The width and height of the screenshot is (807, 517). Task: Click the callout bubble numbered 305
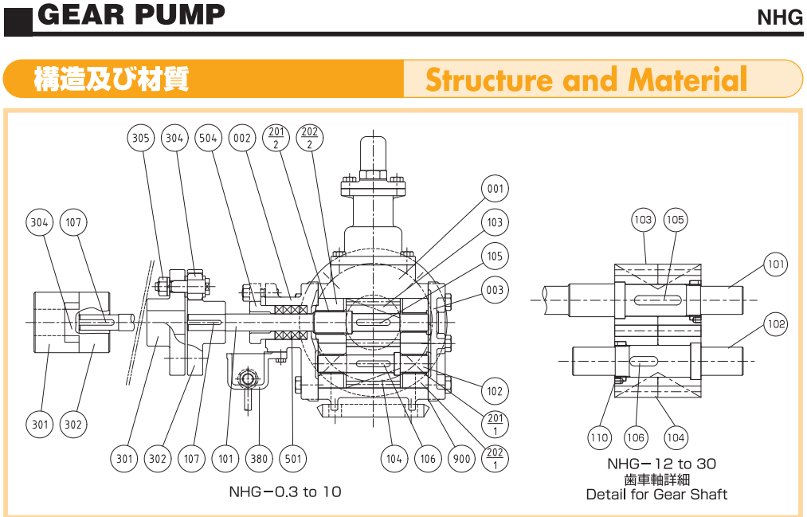click(140, 139)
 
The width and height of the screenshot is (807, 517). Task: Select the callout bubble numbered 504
click(208, 139)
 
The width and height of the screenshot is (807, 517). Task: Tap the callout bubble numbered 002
click(241, 139)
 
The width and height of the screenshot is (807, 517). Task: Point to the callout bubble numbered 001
click(495, 190)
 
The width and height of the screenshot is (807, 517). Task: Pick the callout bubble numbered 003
click(495, 290)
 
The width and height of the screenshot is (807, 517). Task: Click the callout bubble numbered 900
click(461, 459)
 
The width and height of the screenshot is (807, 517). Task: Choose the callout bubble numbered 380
click(258, 459)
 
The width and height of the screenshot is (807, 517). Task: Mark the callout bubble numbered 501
click(292, 459)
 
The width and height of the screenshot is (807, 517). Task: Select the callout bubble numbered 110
click(598, 437)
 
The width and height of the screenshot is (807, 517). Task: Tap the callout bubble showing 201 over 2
click(276, 139)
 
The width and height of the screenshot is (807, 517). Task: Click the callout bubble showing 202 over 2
click(309, 139)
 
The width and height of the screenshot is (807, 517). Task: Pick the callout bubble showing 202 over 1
click(495, 459)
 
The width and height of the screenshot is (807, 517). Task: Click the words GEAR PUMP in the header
click(131, 14)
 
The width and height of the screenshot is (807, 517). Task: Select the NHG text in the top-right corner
click(780, 18)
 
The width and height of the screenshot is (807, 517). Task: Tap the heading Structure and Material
click(586, 80)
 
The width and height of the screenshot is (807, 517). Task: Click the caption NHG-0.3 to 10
click(284, 492)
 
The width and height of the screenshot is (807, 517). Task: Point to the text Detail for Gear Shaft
click(656, 495)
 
